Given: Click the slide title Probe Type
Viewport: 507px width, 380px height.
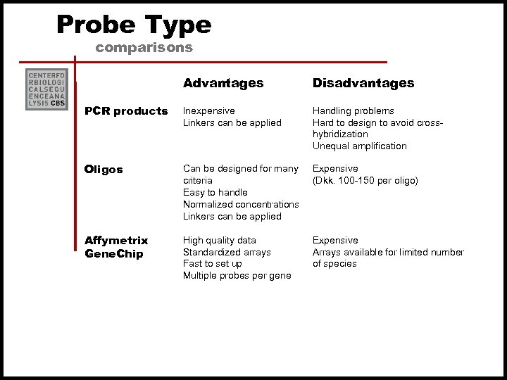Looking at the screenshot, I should (x=134, y=25).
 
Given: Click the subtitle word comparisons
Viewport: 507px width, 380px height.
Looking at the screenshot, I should (x=144, y=48).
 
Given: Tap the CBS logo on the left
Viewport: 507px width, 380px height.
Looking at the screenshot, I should (x=46, y=89).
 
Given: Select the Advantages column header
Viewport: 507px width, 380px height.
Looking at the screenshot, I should (x=223, y=83).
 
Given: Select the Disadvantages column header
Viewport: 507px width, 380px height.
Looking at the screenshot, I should (x=363, y=83).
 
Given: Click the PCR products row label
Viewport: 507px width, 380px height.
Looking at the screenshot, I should (x=126, y=111).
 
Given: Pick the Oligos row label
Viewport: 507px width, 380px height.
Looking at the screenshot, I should (x=104, y=170).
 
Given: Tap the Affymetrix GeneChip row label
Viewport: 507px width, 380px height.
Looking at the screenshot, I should (x=116, y=247).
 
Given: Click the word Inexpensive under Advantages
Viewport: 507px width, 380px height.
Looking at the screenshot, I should (x=209, y=111).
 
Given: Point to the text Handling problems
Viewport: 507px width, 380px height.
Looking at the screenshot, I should (x=353, y=111).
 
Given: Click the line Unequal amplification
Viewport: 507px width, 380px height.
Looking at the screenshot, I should (x=360, y=146).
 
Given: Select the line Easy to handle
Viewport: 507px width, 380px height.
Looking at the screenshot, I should (x=215, y=193).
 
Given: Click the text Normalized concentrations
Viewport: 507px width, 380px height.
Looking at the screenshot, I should (x=241, y=205).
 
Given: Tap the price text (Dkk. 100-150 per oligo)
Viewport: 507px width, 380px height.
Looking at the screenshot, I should (x=365, y=181).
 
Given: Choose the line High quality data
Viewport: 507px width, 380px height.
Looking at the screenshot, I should (x=220, y=241).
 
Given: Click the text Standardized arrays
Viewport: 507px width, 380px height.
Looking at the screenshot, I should (x=227, y=253).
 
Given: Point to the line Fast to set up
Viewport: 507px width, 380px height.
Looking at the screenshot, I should (x=213, y=264).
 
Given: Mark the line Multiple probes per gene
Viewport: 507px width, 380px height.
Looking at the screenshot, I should (x=237, y=276).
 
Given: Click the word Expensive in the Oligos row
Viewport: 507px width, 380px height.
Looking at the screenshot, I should (x=335, y=169).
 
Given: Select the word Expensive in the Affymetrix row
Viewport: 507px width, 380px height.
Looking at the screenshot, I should (x=335, y=241).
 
